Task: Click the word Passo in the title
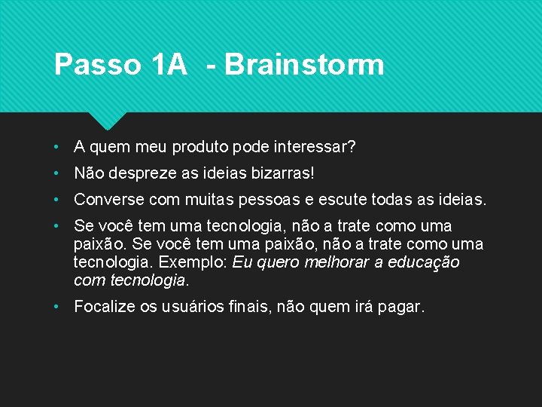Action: pos(97,65)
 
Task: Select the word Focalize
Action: pos(105,307)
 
